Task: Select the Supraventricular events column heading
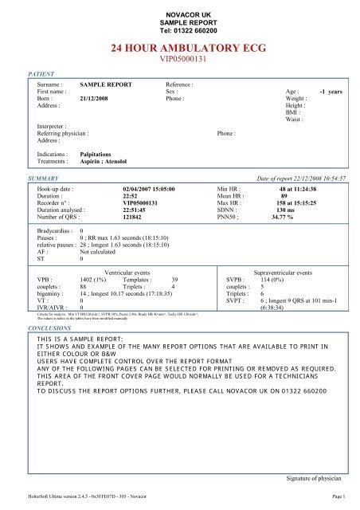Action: [x=285, y=273]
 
